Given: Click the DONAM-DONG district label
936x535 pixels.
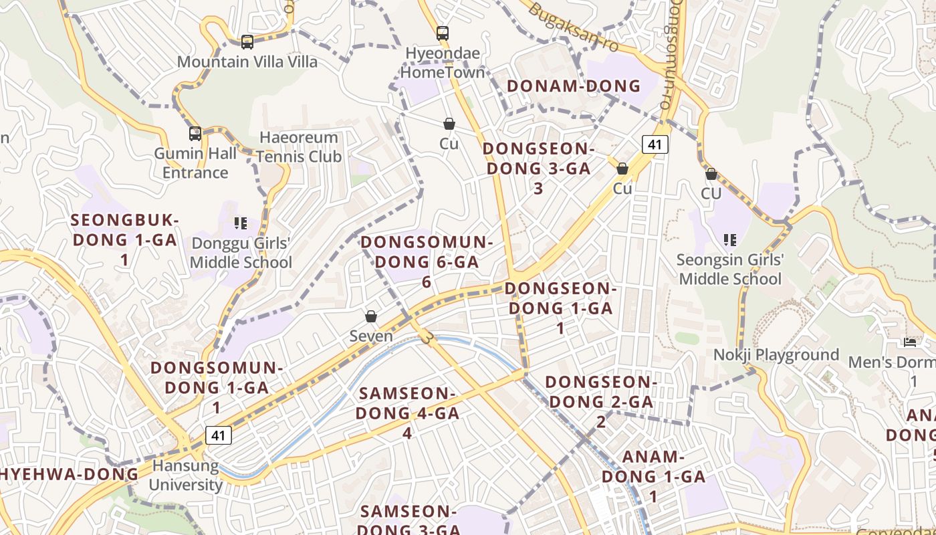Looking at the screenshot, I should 574,86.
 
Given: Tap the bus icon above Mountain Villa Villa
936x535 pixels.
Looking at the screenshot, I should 247,42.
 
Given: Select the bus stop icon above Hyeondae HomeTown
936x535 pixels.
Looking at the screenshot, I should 442,33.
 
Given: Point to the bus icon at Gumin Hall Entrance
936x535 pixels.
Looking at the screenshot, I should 195,134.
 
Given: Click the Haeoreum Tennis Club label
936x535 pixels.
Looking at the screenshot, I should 299,147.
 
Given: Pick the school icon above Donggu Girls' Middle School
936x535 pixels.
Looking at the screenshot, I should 241,223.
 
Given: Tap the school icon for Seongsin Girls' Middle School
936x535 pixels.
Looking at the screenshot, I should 730,239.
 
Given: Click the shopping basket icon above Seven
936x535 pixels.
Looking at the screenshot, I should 371,316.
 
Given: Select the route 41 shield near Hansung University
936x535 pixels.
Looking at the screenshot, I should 218,435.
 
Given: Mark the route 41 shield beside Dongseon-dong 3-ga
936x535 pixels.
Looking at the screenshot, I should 655,144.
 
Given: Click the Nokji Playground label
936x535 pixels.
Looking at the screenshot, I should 776,355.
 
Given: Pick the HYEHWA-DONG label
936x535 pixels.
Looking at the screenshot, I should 70,474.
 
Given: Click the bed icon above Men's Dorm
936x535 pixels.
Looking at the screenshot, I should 910,342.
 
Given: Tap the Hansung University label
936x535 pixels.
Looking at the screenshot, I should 185,475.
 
